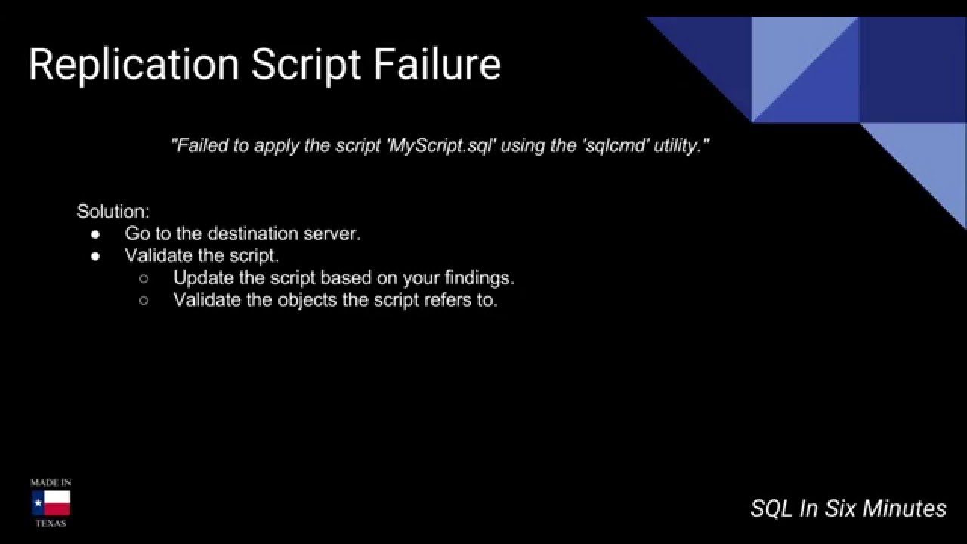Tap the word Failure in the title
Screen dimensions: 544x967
[437, 64]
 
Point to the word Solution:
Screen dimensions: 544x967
[113, 211]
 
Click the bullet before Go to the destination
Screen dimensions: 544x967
[96, 233]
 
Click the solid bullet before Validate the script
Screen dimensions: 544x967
[96, 255]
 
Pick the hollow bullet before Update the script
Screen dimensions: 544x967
[144, 277]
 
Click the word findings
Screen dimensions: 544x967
[480, 277]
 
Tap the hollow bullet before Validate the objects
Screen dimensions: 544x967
[144, 300]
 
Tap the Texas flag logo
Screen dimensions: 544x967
[51, 502]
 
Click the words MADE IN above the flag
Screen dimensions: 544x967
[51, 482]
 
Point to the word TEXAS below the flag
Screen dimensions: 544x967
[51, 523]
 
